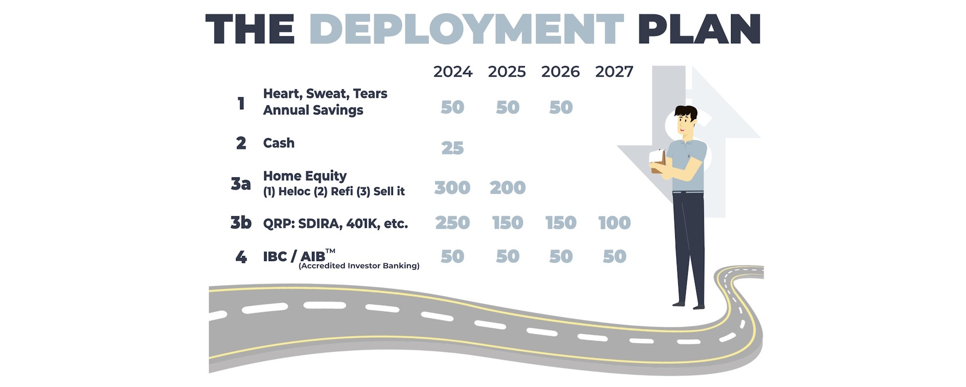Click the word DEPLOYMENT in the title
[466, 29]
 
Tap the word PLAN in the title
[699, 29]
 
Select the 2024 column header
[453, 72]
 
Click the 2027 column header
[614, 72]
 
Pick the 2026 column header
[560, 72]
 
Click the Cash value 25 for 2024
[452, 148]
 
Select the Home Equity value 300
[452, 187]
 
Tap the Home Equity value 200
[508, 187]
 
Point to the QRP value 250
[452, 223]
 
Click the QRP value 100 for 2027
[614, 223]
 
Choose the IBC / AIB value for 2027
[614, 256]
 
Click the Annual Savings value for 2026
[561, 107]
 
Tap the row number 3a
[240, 184]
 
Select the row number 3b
[241, 222]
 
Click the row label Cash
[279, 143]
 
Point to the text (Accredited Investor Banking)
[359, 266]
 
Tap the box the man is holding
[657, 160]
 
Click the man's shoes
[689, 305]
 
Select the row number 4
[241, 257]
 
